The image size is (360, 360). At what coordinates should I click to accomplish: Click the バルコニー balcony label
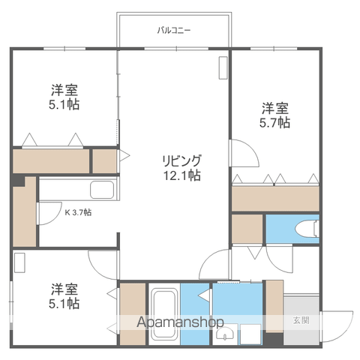click(x=174, y=31)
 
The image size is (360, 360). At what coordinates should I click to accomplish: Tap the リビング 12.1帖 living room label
click(x=181, y=168)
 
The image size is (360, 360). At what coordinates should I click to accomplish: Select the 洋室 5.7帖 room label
click(x=275, y=115)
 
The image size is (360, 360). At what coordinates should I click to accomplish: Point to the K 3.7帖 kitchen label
click(x=78, y=212)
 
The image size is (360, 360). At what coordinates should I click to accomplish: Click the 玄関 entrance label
click(x=301, y=320)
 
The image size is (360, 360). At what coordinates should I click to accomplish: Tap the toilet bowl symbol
click(x=307, y=228)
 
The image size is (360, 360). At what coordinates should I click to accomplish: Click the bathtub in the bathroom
click(x=164, y=314)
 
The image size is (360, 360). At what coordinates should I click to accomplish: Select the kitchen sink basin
click(x=102, y=190)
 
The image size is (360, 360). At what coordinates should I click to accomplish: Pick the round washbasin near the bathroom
click(x=225, y=333)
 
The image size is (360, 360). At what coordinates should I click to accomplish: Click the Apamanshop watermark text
click(x=180, y=322)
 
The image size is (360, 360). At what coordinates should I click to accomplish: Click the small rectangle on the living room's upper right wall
click(x=223, y=68)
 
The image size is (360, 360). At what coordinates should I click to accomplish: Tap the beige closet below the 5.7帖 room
click(x=275, y=199)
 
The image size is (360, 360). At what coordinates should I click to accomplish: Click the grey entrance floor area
click(x=301, y=320)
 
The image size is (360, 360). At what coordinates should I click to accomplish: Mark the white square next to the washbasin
click(x=250, y=334)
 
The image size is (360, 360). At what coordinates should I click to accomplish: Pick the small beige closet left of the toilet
click(x=247, y=229)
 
